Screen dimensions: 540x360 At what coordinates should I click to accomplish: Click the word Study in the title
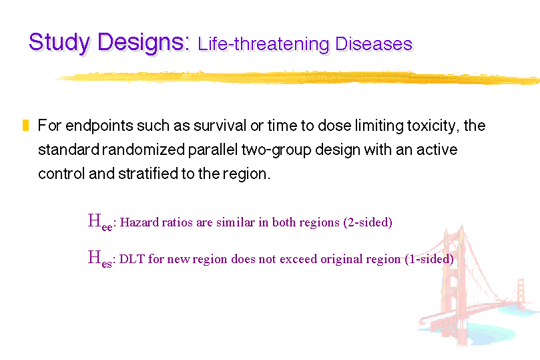click(59, 43)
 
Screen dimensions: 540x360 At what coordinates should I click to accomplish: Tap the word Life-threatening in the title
click(264, 45)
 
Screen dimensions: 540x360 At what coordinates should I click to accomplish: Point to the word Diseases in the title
click(374, 44)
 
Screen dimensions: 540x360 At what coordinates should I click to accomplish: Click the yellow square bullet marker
click(25, 125)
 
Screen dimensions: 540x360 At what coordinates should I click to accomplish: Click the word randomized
click(144, 150)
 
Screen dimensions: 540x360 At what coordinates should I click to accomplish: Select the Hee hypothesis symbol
click(100, 222)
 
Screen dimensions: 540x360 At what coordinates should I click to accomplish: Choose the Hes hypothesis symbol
click(100, 258)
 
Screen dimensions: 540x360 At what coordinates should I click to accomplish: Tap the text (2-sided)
click(368, 222)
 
